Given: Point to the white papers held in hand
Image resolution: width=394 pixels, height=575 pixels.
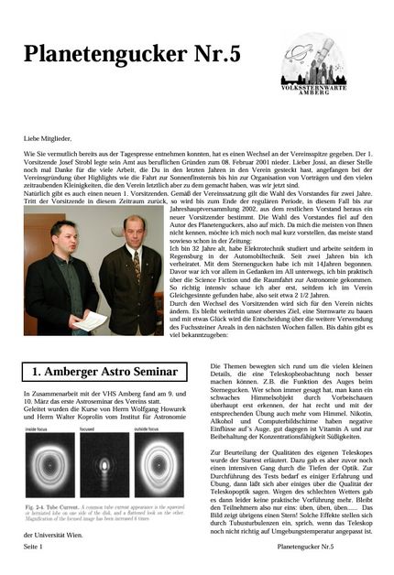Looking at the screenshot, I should (x=91, y=320).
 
